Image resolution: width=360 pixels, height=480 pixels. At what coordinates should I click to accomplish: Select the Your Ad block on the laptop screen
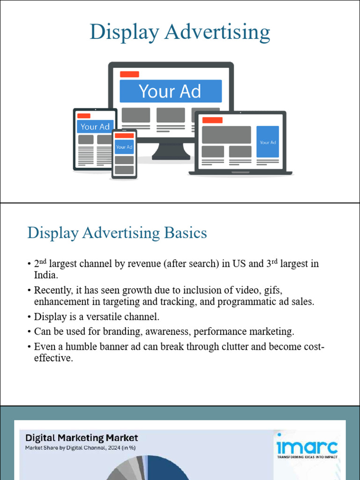pos(268,142)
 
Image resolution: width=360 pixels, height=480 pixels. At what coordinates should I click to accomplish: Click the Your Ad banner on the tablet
pos(95,127)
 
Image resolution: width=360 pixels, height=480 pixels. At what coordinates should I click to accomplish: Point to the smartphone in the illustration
pos(124,154)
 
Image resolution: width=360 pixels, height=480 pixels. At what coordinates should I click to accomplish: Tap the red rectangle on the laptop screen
pos(212,120)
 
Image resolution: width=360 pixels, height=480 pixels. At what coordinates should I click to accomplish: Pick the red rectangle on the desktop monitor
pos(129,74)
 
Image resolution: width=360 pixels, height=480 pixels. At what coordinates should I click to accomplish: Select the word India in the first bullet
pos(46,275)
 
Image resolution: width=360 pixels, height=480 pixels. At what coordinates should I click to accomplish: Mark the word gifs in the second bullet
pos(272,290)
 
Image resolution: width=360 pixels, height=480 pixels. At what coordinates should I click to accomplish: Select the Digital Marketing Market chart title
pos(82,438)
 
